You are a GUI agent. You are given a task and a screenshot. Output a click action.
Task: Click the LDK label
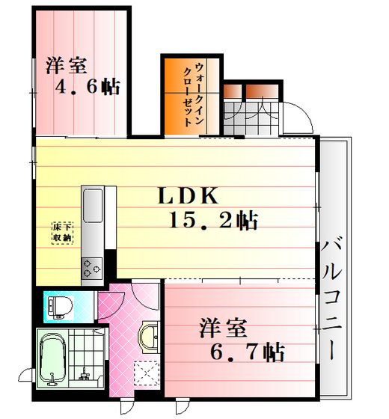pyautogui.click(x=188, y=196)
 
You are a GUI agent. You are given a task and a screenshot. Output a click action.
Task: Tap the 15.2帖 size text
pyautogui.click(x=214, y=221)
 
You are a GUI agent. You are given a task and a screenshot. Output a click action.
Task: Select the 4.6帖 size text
pyautogui.click(x=88, y=86)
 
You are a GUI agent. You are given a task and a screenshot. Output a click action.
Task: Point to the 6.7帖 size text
pyautogui.click(x=248, y=352)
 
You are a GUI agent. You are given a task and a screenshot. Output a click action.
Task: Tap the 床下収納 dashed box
pyautogui.click(x=62, y=233)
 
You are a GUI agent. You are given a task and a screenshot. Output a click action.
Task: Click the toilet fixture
pyautogui.click(x=60, y=308)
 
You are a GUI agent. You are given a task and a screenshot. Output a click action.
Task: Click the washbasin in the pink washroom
pyautogui.click(x=149, y=337)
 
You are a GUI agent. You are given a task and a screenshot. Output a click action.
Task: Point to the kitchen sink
pyautogui.click(x=93, y=205)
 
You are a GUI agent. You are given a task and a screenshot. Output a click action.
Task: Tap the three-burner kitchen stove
pyautogui.click(x=92, y=269)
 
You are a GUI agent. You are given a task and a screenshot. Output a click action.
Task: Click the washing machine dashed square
pyautogui.click(x=147, y=373)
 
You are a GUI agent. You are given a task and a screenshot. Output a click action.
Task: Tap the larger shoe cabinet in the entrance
pyautogui.click(x=262, y=91)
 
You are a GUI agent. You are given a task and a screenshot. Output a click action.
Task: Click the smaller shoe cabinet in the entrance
pyautogui.click(x=233, y=91)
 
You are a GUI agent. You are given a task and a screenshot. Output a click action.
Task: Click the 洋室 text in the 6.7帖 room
pyautogui.click(x=223, y=328)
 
